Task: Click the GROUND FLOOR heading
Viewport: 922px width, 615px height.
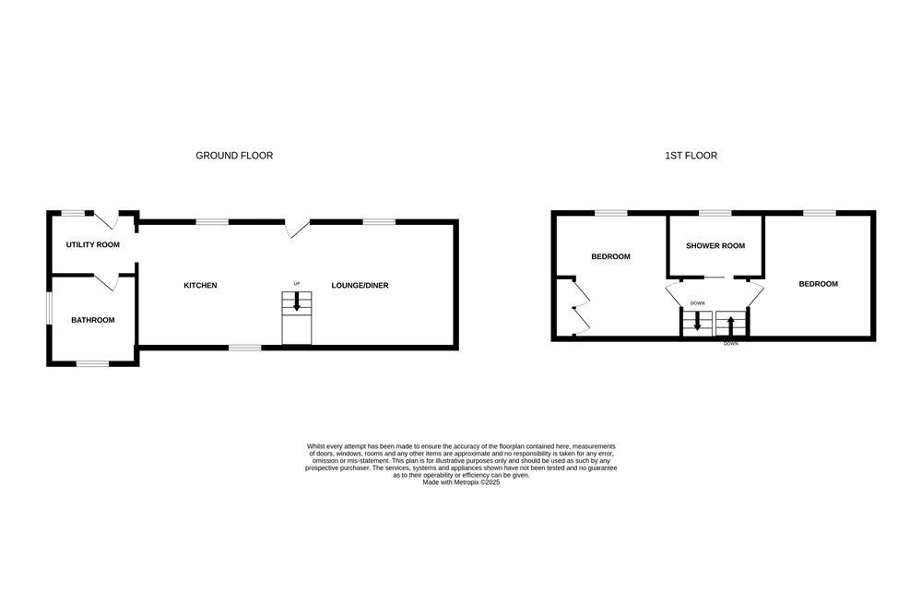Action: point(234,156)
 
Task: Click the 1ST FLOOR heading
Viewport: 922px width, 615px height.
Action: point(691,156)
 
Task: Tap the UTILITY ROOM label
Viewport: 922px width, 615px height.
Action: point(93,245)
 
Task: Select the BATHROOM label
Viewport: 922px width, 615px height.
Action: point(93,320)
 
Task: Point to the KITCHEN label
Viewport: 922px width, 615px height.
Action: point(200,286)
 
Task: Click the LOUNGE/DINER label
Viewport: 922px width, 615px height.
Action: point(360,286)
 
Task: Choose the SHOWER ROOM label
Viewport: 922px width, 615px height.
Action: point(715,246)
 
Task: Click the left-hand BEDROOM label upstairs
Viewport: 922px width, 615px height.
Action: point(610,256)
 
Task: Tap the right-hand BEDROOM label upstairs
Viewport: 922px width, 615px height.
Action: point(818,284)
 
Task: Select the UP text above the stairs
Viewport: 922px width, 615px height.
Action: point(297,283)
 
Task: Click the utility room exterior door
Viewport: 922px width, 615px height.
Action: point(109,221)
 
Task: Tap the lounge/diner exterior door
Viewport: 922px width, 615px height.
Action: point(298,229)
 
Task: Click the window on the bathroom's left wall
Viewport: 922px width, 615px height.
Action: point(50,309)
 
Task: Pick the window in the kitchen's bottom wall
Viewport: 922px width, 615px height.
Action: point(244,347)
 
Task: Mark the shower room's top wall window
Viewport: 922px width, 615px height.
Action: point(715,213)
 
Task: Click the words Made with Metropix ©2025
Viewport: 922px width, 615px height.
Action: point(461,481)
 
